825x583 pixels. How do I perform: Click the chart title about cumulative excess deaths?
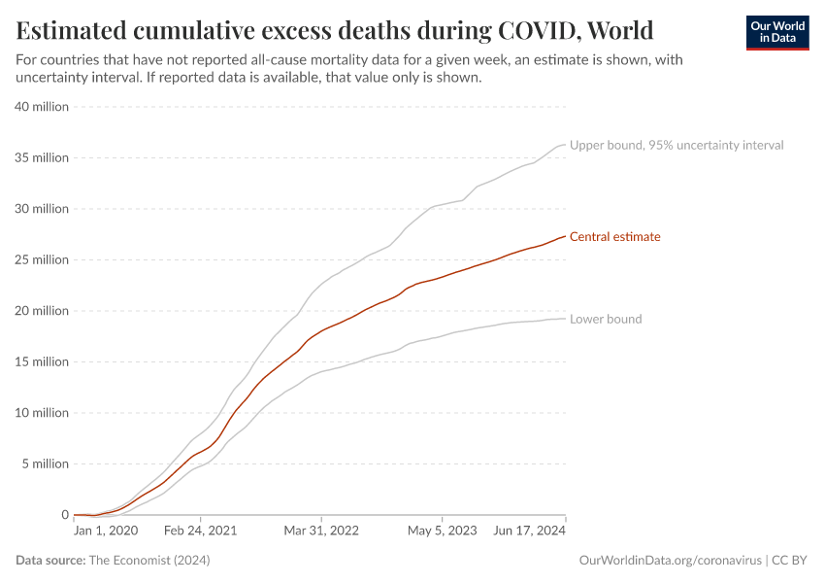(x=335, y=29)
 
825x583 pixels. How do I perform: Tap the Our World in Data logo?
(x=776, y=32)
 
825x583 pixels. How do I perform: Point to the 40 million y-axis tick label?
(x=42, y=107)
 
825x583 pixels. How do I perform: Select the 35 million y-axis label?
(x=42, y=157)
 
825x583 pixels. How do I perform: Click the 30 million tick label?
(x=42, y=209)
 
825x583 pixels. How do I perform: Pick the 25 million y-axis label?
(x=42, y=259)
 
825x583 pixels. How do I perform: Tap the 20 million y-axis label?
(x=42, y=311)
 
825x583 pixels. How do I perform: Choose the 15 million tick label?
(x=42, y=361)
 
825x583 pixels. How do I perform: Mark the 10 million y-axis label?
(x=42, y=413)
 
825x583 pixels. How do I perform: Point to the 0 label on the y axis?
(x=64, y=515)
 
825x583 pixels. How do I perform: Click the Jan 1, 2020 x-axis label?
(x=106, y=532)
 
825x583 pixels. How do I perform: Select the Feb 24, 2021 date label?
(x=200, y=532)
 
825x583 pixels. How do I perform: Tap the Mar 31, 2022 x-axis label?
(x=322, y=532)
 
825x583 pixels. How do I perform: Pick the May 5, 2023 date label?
(x=444, y=532)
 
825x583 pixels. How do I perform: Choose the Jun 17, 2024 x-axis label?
(x=529, y=532)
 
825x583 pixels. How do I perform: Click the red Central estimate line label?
(x=614, y=237)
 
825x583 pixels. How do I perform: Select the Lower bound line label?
(x=605, y=319)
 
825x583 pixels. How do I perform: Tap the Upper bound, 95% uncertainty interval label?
(x=676, y=145)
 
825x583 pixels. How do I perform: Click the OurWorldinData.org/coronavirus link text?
(x=670, y=561)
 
